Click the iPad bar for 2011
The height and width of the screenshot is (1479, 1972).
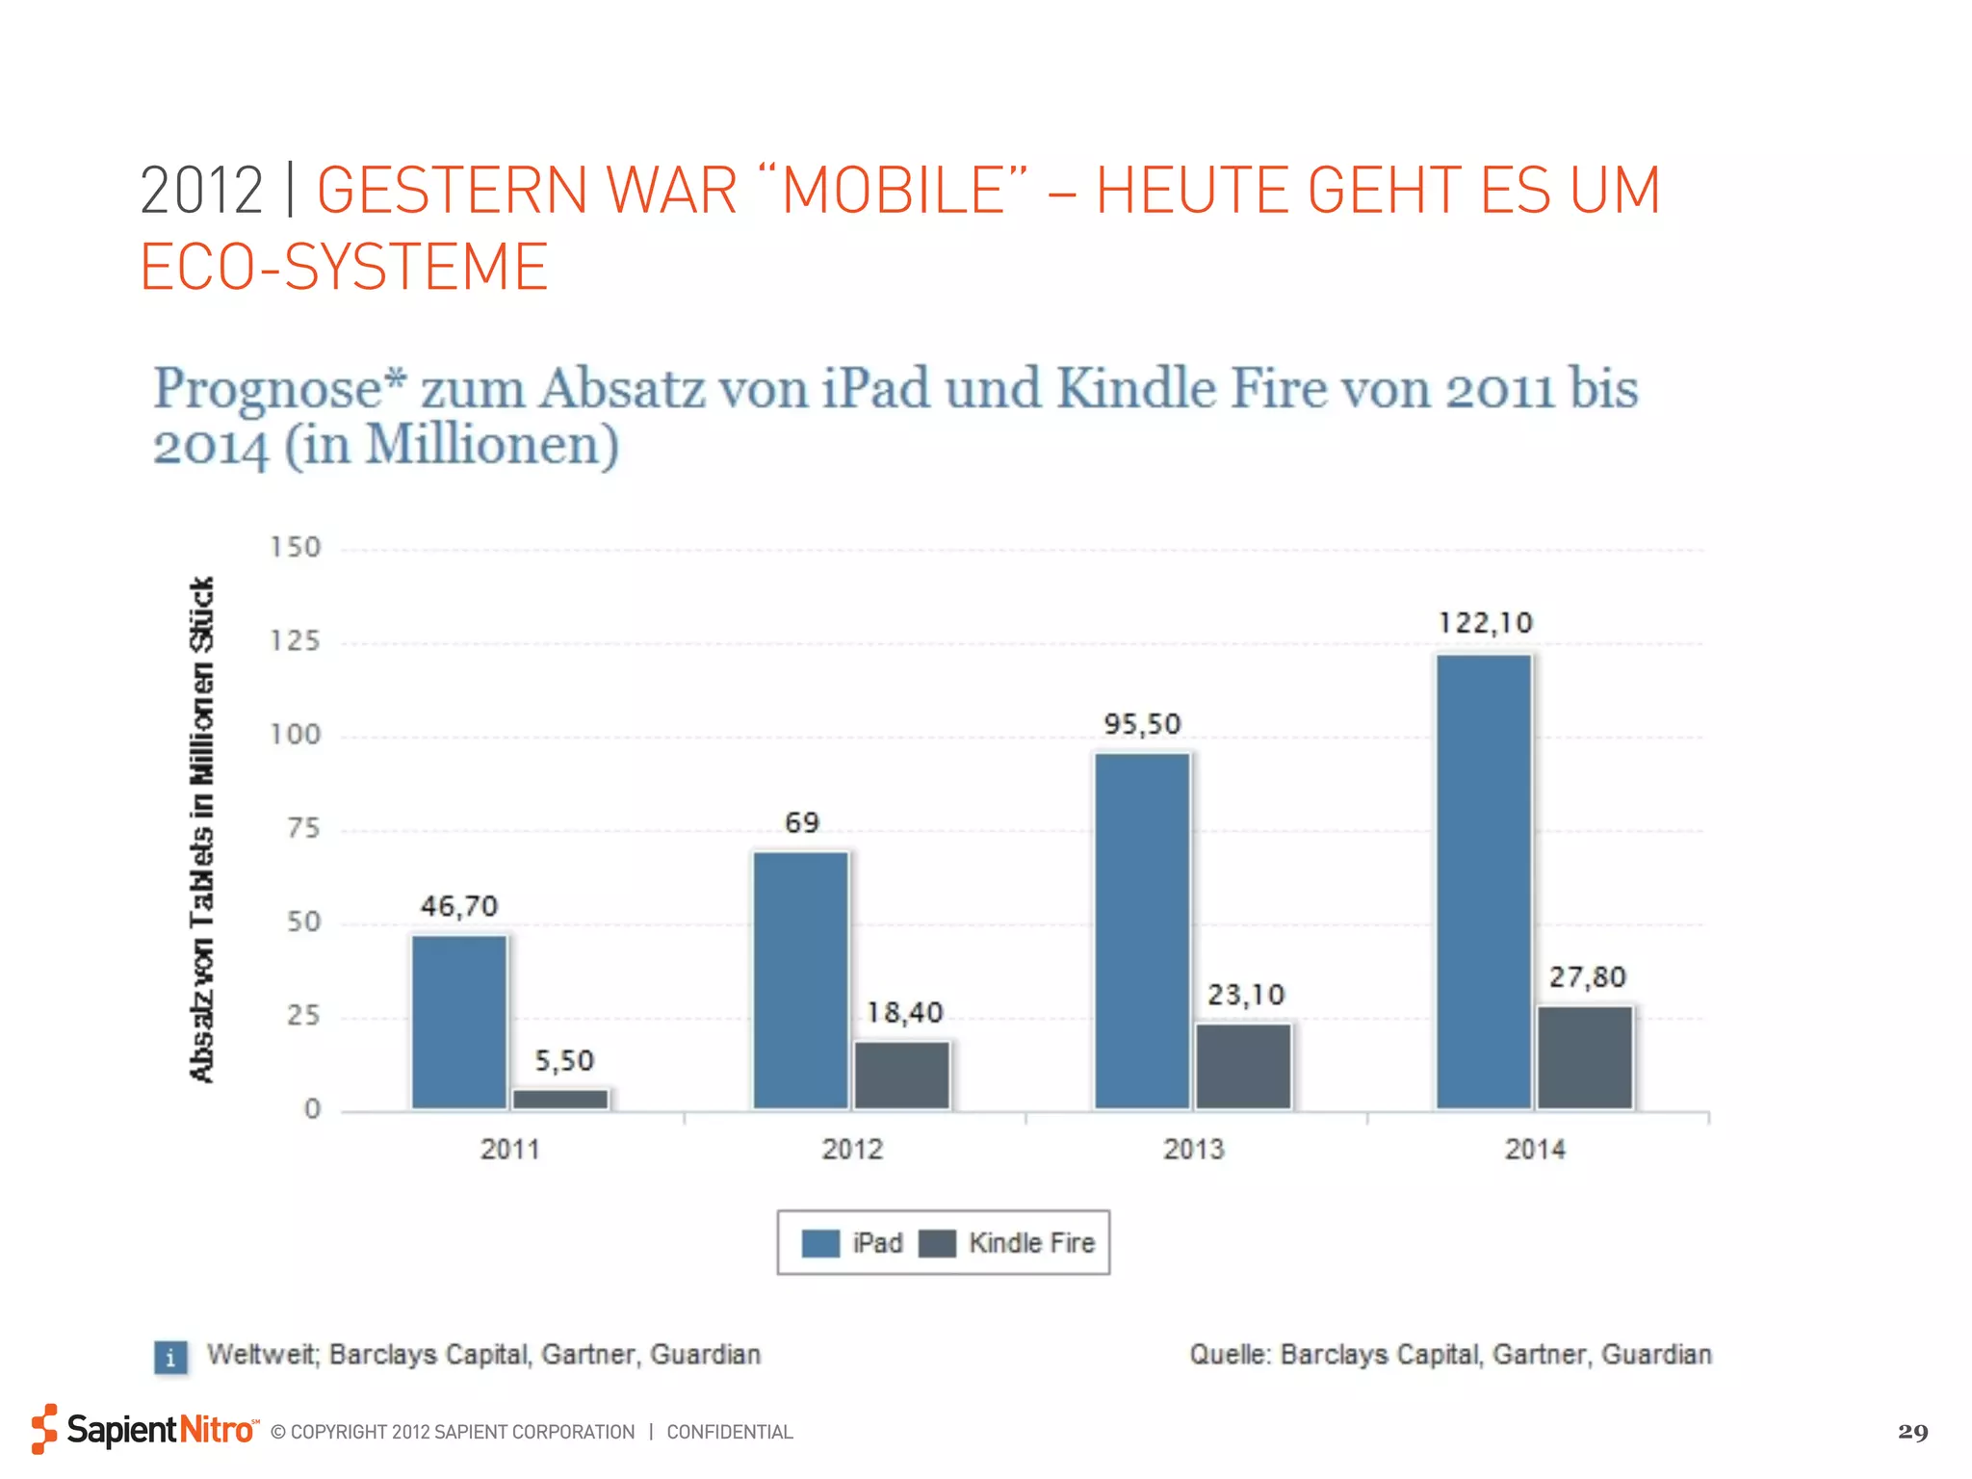pyautogui.click(x=459, y=1022)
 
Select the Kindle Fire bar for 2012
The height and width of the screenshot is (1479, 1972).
pyautogui.click(x=902, y=1075)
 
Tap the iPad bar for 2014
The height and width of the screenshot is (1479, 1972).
pyautogui.click(x=1484, y=881)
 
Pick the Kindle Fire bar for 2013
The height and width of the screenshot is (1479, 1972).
pyautogui.click(x=1243, y=1066)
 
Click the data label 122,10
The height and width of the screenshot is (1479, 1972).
pyautogui.click(x=1485, y=623)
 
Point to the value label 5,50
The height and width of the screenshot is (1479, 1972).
pyautogui.click(x=564, y=1061)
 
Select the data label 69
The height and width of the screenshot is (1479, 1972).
pyautogui.click(x=801, y=823)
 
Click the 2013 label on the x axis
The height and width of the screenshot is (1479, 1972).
pyautogui.click(x=1193, y=1149)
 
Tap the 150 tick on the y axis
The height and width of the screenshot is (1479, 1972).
pyautogui.click(x=296, y=548)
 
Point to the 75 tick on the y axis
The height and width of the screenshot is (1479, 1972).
pyautogui.click(x=303, y=828)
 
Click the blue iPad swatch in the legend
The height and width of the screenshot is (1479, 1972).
pyautogui.click(x=820, y=1243)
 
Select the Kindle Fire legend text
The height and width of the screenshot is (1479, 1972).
pyautogui.click(x=1031, y=1243)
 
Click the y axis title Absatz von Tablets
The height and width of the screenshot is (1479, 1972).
pyautogui.click(x=202, y=830)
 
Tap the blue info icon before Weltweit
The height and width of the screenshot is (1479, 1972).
pyautogui.click(x=171, y=1358)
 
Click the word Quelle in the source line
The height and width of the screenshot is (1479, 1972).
pyautogui.click(x=1230, y=1355)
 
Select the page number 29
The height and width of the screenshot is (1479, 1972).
pyautogui.click(x=1912, y=1432)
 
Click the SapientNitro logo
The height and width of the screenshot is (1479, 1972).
pyautogui.click(x=144, y=1429)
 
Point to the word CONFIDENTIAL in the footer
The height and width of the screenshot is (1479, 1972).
pyautogui.click(x=729, y=1433)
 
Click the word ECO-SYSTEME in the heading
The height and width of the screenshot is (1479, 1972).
pyautogui.click(x=344, y=268)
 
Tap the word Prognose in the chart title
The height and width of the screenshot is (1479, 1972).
pyautogui.click(x=279, y=389)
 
